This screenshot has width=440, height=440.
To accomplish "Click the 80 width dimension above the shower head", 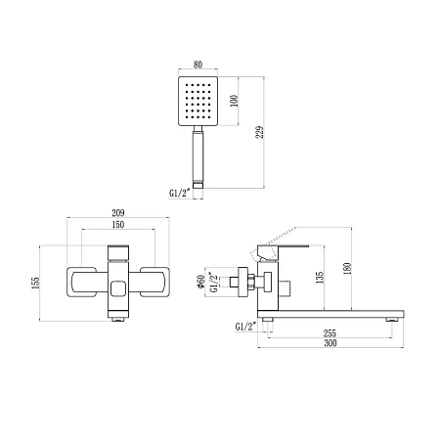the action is tap(198, 65).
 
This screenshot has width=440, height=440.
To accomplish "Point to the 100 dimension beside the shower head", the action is tap(234, 101).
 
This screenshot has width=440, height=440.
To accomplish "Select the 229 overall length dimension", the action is tap(259, 132).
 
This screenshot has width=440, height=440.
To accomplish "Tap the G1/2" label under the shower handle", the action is tap(179, 193).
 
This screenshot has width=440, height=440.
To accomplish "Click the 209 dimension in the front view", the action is tap(118, 213).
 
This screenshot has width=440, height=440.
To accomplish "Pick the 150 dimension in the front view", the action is tap(118, 225).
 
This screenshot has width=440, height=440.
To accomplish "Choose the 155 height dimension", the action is tap(35, 283).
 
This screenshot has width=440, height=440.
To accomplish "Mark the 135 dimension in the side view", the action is tap(320, 278).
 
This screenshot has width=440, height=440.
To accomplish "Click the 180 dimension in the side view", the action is tap(347, 268).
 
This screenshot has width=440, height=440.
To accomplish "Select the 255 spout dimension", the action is tap(330, 333).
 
